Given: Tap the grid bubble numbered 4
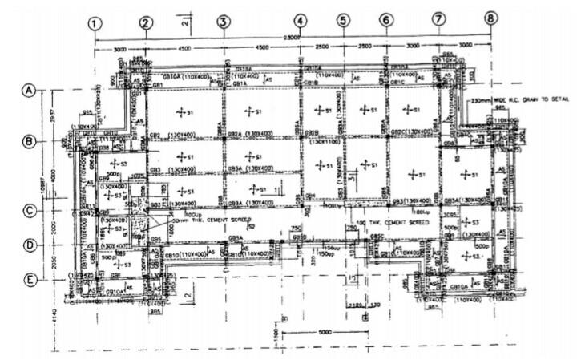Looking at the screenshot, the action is tap(300, 21).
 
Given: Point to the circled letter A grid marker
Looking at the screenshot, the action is tap(30, 91).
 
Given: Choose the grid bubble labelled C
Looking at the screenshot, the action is tap(30, 211).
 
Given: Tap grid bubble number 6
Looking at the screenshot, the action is tap(385, 19).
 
